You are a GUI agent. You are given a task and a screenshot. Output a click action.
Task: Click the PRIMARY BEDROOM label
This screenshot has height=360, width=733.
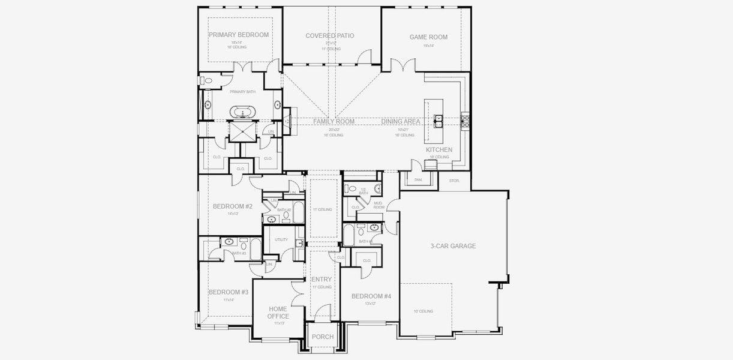click(239, 35)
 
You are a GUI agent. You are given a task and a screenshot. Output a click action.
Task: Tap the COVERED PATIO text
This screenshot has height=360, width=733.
click(329, 36)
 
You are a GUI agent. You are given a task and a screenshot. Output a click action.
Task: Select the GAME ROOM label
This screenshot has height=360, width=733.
click(428, 37)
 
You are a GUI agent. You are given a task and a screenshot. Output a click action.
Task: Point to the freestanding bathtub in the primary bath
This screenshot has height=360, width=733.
click(243, 112)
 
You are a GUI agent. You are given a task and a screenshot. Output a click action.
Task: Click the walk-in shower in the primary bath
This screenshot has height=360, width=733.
click(243, 131)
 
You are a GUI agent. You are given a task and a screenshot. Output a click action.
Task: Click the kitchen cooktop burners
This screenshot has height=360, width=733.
click(464, 121)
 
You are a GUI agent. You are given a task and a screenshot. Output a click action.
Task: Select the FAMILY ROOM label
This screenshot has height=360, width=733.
click(334, 121)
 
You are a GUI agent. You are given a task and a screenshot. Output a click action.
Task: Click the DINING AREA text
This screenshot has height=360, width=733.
click(401, 121)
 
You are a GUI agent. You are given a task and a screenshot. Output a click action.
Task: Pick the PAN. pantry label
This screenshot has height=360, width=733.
click(418, 179)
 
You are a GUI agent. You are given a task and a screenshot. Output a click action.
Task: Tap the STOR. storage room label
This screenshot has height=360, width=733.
click(453, 179)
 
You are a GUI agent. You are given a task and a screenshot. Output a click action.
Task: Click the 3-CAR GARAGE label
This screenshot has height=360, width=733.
click(453, 246)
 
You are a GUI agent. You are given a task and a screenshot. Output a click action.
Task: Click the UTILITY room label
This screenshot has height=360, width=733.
click(281, 239)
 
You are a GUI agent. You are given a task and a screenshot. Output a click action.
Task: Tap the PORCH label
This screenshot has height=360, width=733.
click(323, 337)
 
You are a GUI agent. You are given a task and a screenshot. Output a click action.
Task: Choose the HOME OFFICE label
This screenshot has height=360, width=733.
click(278, 312)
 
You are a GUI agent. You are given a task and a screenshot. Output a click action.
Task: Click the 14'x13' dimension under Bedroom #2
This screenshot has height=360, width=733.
click(233, 214)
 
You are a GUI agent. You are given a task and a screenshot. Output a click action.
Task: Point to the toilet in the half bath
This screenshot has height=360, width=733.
click(353, 190)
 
